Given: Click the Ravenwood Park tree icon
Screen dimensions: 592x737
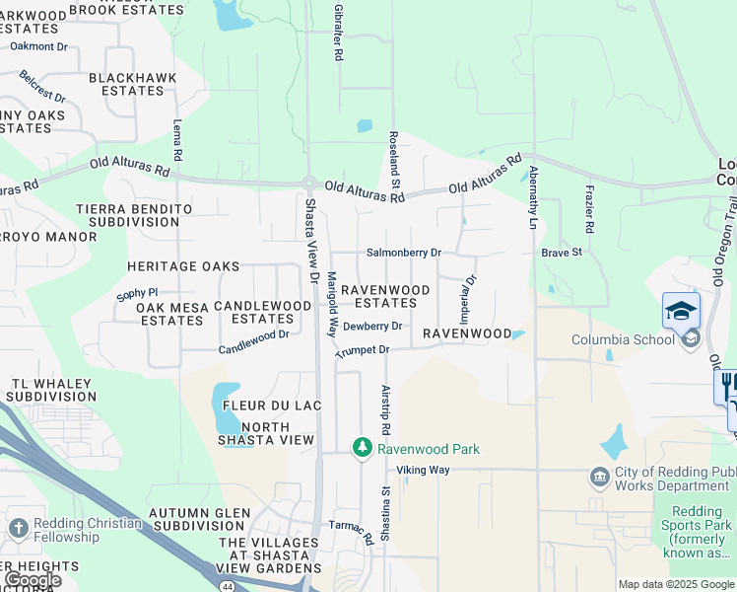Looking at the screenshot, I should [363, 449].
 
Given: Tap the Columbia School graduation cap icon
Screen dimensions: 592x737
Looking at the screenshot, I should [681, 311].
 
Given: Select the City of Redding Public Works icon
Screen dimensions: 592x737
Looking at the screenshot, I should [599, 479].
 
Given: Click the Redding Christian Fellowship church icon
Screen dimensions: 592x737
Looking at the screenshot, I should [18, 530].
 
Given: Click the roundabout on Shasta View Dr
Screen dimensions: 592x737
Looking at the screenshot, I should [309, 184].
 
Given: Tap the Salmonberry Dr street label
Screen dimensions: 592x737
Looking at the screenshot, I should [403, 253].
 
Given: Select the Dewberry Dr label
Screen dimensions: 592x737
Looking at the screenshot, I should [372, 326].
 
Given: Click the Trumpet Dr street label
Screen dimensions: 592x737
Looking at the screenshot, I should [363, 350].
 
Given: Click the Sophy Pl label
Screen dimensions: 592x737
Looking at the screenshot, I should [137, 293].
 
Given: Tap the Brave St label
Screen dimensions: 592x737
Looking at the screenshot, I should [562, 253].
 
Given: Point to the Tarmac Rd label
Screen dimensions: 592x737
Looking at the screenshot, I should [351, 532].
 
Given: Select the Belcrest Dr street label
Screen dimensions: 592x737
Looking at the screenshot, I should [42, 86].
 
